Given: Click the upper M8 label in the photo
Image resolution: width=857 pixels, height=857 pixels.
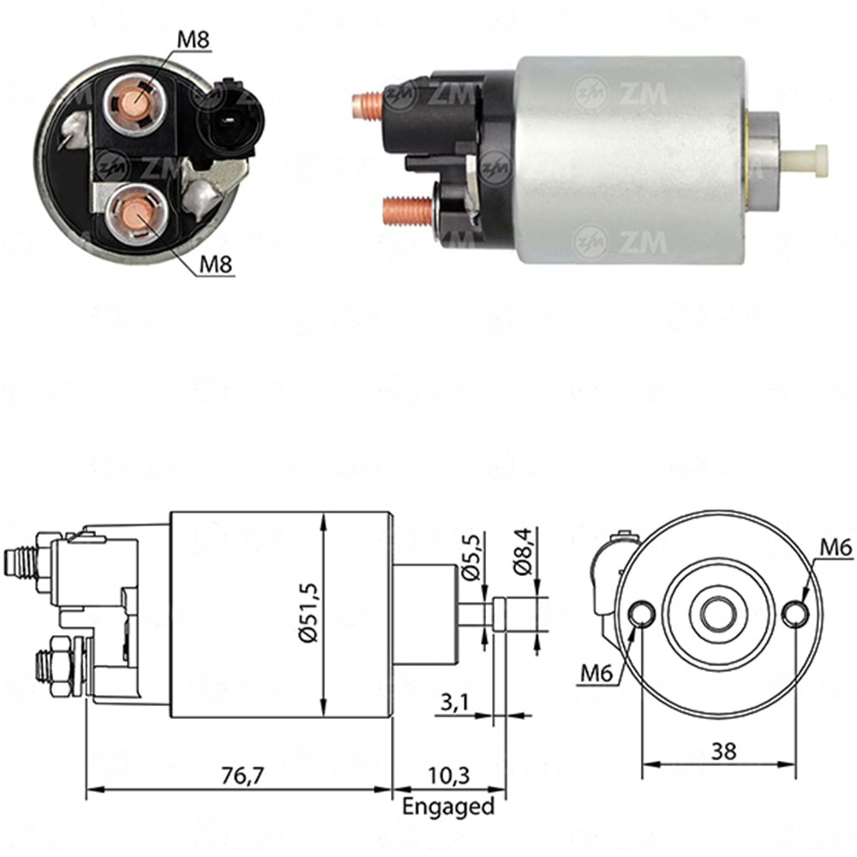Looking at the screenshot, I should coord(195,39).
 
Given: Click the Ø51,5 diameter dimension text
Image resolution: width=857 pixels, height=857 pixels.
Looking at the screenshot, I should coord(308,614).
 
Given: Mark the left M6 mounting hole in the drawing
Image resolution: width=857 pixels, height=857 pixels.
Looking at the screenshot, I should coord(642,613).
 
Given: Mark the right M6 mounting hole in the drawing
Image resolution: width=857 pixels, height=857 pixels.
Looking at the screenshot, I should coord(795,613).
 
